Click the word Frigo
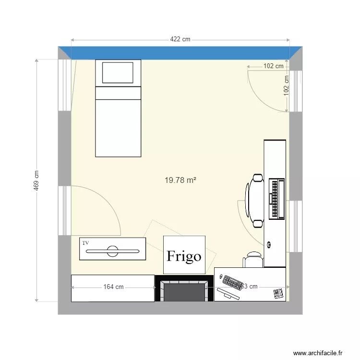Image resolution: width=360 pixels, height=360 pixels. coord(184,256)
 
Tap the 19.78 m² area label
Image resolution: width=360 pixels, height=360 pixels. coord(180,180)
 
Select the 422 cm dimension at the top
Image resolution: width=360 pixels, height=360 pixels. coord(180,40)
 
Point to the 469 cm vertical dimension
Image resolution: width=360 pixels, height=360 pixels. coord(36,181)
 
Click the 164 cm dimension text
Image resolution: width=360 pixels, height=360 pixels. coord(113,287)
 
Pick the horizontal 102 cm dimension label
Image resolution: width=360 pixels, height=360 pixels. coord(274,66)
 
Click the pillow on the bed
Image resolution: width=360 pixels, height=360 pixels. coord(118,72)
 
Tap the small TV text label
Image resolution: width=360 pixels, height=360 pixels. coord(86,243)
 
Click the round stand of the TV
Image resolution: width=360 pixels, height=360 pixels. coord(113,251)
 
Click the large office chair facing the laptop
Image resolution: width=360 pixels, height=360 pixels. coord(255,200)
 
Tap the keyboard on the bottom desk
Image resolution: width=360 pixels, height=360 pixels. coord(232,283)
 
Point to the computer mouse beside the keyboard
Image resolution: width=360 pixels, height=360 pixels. coord(221,277)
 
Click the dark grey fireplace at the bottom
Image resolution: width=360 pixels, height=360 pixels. coord(184,290)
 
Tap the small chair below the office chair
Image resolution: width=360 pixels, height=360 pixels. coord(253,260)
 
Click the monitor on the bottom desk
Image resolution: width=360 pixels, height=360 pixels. coord(228,293)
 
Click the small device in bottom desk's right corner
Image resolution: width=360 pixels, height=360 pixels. coord(278,293)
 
